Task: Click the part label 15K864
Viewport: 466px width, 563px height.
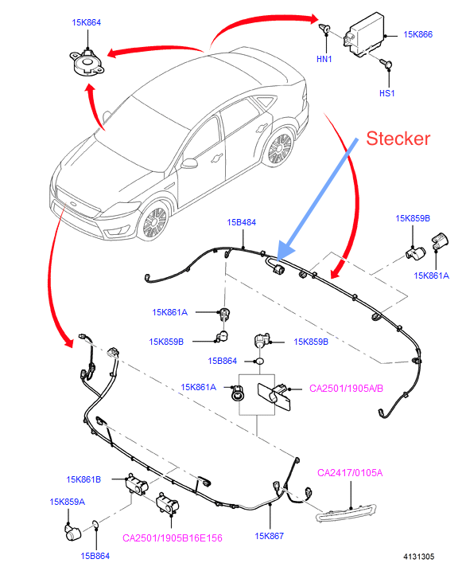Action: (x=86, y=22)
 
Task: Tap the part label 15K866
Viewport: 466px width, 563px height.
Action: (x=417, y=34)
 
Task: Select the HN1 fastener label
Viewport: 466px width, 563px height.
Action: (x=324, y=59)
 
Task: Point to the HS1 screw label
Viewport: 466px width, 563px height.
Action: (x=386, y=93)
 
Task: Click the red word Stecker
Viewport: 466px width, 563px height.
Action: (x=398, y=139)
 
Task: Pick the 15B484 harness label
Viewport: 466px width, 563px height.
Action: (x=241, y=222)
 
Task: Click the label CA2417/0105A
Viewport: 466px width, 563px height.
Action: (x=350, y=473)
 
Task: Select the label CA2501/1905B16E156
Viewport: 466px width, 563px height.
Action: (x=173, y=538)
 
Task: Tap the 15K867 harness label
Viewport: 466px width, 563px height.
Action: (x=269, y=536)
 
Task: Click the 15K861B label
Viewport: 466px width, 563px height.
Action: (x=83, y=479)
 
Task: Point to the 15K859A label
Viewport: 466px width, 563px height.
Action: (x=67, y=502)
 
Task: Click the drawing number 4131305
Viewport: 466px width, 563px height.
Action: (x=418, y=557)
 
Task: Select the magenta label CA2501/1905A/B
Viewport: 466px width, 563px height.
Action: (x=346, y=388)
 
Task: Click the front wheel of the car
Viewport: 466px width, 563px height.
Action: (x=155, y=221)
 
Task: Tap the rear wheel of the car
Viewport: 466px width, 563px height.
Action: (x=280, y=148)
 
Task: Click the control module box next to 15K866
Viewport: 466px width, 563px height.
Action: (x=364, y=35)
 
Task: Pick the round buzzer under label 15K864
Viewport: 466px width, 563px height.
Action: (x=87, y=63)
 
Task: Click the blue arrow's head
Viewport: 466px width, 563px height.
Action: (x=285, y=252)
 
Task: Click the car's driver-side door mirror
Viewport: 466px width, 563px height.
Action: (x=189, y=163)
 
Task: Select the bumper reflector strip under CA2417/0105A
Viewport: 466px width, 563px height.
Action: (x=346, y=512)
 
